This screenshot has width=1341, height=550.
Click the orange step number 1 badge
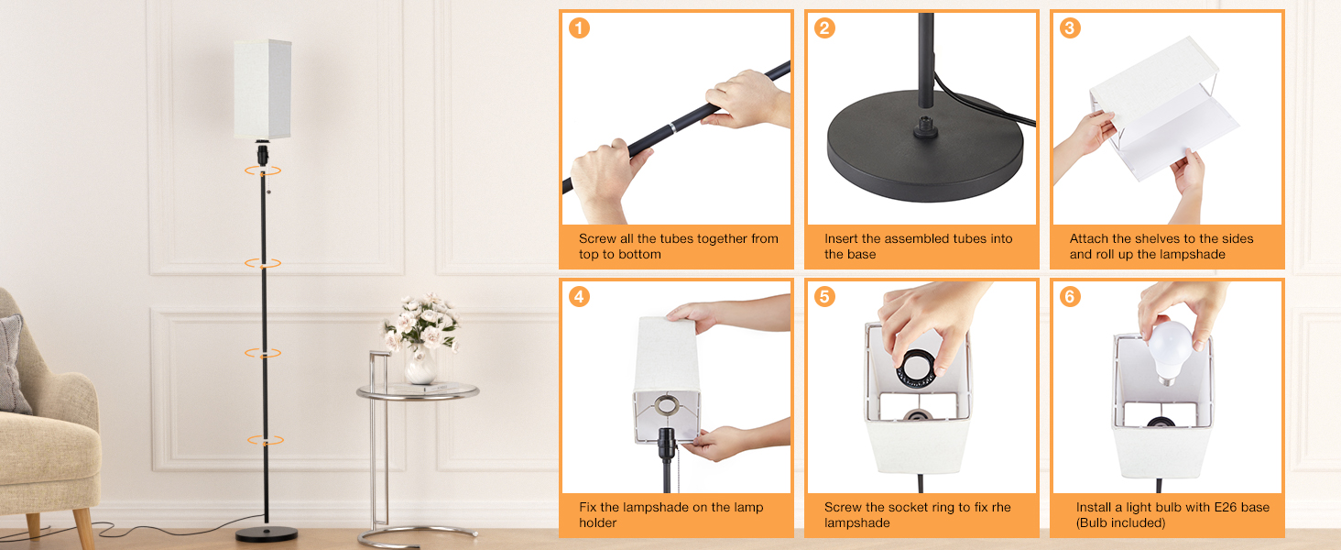[x=579, y=28]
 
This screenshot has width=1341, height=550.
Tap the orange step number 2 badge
[x=824, y=28]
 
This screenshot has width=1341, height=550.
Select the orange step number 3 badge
[x=1070, y=28]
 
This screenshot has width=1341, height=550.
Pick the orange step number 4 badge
[x=579, y=297]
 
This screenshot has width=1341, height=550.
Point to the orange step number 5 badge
[x=824, y=297]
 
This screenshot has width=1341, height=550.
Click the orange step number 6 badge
[x=1070, y=297]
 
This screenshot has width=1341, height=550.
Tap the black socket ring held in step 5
[x=917, y=368]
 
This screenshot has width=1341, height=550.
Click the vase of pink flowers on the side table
[x=420, y=338]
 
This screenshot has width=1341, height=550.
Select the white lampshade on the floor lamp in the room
[x=262, y=89]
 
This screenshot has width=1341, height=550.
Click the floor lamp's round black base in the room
[x=267, y=533]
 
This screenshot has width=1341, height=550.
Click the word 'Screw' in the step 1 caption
[x=597, y=238]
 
